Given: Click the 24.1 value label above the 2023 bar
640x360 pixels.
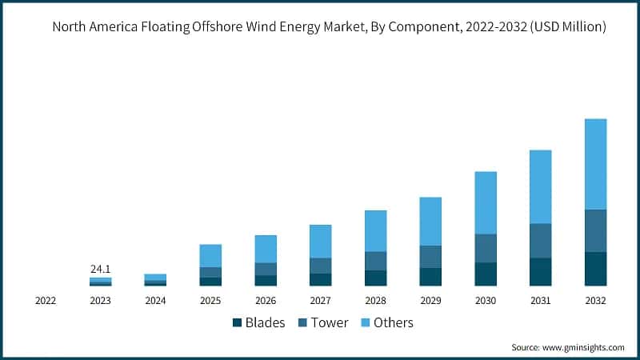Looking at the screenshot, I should (x=100, y=269).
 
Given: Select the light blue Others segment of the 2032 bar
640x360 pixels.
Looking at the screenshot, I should (x=595, y=164).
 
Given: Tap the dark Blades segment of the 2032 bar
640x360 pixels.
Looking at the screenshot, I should (x=595, y=269).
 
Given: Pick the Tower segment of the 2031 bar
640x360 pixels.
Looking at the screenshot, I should (x=540, y=240).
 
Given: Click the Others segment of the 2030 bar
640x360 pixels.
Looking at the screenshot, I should (x=486, y=202).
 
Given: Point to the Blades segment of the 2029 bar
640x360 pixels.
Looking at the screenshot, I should (x=430, y=277).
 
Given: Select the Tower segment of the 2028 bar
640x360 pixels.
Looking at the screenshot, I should (x=375, y=261).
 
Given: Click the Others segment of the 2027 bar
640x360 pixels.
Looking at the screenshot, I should (x=320, y=241).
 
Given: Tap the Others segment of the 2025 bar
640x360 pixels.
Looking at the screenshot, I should (x=210, y=255).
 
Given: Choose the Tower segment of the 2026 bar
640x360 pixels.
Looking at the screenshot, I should (x=266, y=269).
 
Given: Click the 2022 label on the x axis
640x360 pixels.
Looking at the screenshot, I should (x=46, y=301).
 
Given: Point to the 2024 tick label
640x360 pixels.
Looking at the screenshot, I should (x=155, y=301).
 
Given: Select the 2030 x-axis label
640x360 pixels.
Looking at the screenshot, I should (x=486, y=301).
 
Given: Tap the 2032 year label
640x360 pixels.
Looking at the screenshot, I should (x=595, y=301).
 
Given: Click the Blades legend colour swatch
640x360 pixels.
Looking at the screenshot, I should (x=237, y=323).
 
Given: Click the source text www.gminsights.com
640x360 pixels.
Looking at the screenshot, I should (x=582, y=348).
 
